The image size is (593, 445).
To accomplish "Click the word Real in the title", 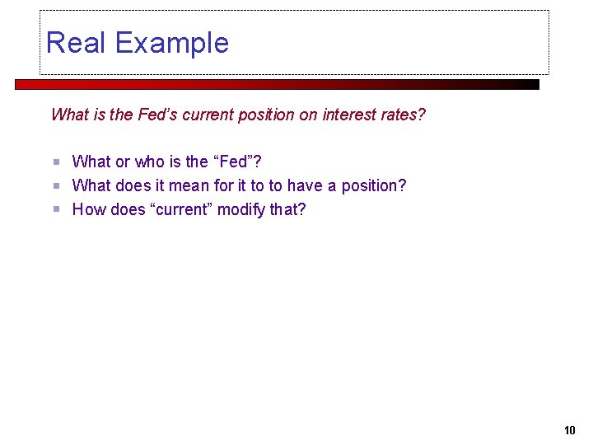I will [x=75, y=42].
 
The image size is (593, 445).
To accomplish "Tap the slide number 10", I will [x=570, y=429].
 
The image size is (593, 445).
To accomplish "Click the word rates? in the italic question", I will [x=404, y=115].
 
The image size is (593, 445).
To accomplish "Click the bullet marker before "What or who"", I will [x=57, y=162].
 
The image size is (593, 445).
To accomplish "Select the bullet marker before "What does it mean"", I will [x=57, y=185].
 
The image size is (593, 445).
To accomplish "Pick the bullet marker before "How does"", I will [x=57, y=209].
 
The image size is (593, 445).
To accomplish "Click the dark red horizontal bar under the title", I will [x=277, y=84].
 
